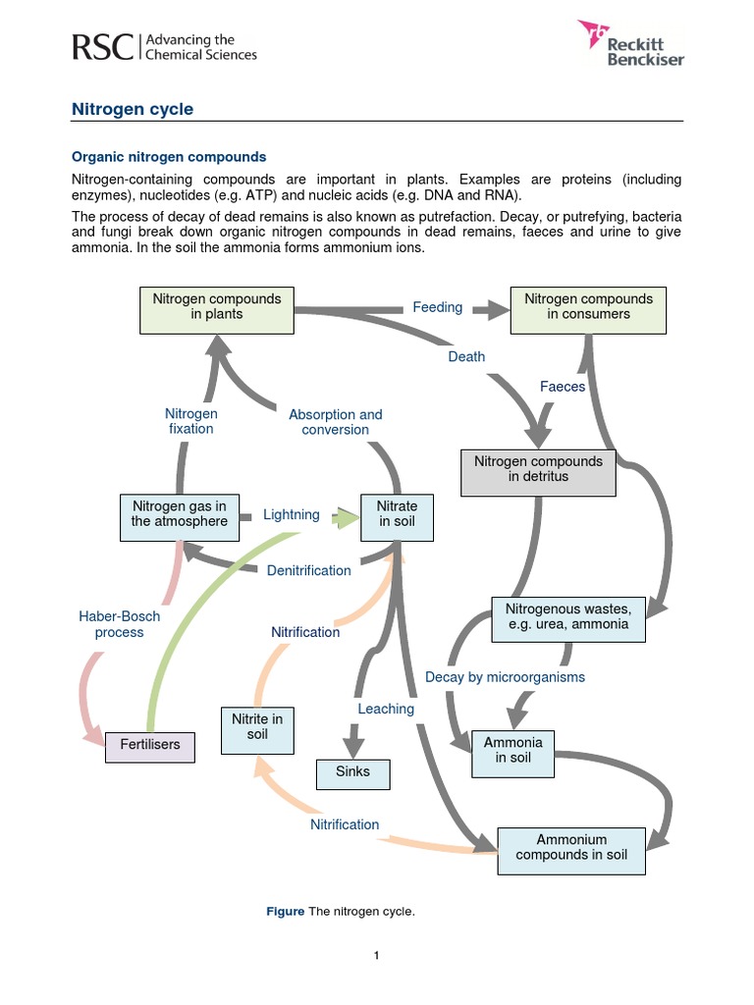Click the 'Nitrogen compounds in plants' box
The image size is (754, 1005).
click(x=216, y=306)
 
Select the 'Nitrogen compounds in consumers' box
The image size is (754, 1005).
click(x=588, y=306)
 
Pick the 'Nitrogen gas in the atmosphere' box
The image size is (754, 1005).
click(x=179, y=513)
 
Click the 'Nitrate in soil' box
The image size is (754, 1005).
click(x=397, y=513)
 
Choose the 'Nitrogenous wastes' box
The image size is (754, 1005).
click(x=568, y=617)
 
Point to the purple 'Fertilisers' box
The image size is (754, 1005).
click(x=150, y=745)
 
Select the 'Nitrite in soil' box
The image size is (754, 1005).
click(x=256, y=727)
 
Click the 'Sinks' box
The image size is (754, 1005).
click(x=352, y=772)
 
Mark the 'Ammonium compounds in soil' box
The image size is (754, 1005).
click(x=571, y=847)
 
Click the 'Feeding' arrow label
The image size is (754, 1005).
click(x=437, y=307)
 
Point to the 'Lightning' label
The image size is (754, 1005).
click(x=292, y=514)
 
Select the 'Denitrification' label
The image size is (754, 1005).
click(x=308, y=570)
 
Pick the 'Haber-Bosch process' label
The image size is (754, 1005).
click(x=119, y=624)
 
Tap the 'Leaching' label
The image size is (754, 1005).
click(x=386, y=709)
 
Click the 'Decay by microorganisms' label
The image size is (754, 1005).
click(x=505, y=677)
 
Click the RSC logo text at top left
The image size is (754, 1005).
click(x=102, y=46)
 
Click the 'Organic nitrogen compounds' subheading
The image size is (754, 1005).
click(x=169, y=157)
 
